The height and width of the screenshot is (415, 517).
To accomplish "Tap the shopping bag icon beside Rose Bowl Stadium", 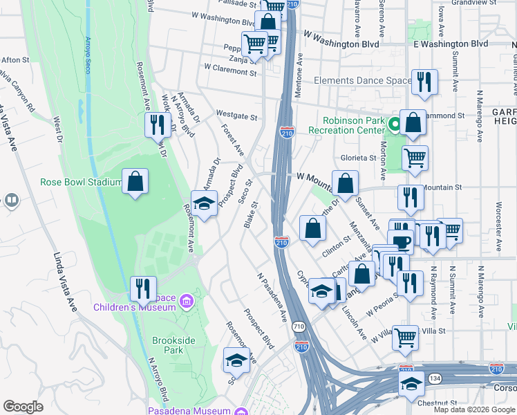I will (x=135, y=182).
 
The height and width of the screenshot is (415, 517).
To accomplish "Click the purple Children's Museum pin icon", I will (x=185, y=301).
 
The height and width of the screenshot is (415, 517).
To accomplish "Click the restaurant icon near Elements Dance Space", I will (x=424, y=82).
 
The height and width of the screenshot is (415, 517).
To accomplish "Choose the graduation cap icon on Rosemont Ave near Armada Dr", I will (x=204, y=203).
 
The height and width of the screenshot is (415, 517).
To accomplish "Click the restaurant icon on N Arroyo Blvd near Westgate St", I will (x=158, y=124).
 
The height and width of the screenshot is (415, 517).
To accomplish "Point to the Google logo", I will (x=23, y=407).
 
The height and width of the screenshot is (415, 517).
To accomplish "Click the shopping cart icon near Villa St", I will (x=405, y=337).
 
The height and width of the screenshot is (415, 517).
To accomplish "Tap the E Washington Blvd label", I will (x=450, y=44).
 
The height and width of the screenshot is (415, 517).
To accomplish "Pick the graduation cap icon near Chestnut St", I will (x=411, y=382).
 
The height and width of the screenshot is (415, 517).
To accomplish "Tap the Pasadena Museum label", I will (x=189, y=411).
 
